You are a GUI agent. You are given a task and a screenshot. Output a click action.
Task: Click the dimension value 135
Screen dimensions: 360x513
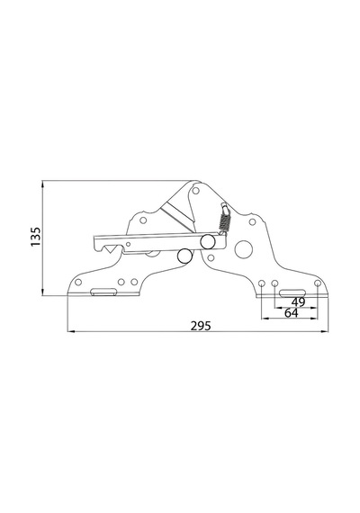35,237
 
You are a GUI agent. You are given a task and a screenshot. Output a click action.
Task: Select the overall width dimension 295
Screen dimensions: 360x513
201,326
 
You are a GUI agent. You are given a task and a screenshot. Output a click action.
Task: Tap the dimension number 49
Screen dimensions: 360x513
298,302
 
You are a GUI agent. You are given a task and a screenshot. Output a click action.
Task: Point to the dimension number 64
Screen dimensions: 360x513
292,313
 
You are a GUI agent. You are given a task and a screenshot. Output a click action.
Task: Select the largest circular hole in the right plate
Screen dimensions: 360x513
244,249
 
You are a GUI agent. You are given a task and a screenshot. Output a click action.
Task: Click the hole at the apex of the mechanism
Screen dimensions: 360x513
195,191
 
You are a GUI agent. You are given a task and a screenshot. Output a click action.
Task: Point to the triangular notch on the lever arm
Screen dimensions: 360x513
110,250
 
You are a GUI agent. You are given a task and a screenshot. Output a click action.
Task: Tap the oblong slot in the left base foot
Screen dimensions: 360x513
103,292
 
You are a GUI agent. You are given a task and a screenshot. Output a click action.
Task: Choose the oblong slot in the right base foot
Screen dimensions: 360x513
292,293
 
